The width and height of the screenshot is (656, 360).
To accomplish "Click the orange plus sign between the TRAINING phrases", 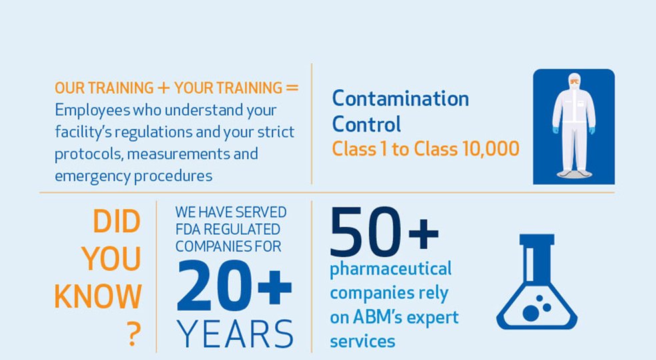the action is pyautogui.click(x=163, y=88).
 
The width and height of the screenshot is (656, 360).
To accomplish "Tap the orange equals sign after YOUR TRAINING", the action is pyautogui.click(x=292, y=88).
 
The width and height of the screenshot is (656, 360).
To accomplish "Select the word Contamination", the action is pyautogui.click(x=401, y=99).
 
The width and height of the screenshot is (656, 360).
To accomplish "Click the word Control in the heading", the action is pyautogui.click(x=367, y=124).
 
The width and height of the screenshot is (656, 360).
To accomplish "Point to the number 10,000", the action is pyautogui.click(x=491, y=149).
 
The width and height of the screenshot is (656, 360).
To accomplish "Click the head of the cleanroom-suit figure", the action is pyautogui.click(x=574, y=81).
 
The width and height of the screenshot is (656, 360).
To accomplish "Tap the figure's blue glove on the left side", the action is pyautogui.click(x=555, y=130).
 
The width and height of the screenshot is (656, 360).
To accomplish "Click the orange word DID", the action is pyautogui.click(x=116, y=221).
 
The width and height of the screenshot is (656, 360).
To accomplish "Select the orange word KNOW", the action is pyautogui.click(x=98, y=297).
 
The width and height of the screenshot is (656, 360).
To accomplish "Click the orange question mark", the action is pyautogui.click(x=133, y=334).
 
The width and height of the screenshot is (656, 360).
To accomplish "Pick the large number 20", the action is pyautogui.click(x=214, y=285).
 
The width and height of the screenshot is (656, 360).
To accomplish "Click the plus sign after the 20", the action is pyautogui.click(x=275, y=287).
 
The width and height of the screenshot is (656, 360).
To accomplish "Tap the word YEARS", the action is pyautogui.click(x=235, y=333).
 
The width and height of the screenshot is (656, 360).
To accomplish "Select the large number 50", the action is pyautogui.click(x=365, y=231).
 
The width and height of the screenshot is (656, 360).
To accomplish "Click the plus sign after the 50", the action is pyautogui.click(x=423, y=233).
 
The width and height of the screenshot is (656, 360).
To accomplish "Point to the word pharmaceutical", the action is pyautogui.click(x=391, y=269).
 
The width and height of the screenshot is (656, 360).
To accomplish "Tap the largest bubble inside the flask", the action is pyautogui.click(x=531, y=313).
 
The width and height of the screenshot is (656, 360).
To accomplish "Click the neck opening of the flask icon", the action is pyautogui.click(x=537, y=239).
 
